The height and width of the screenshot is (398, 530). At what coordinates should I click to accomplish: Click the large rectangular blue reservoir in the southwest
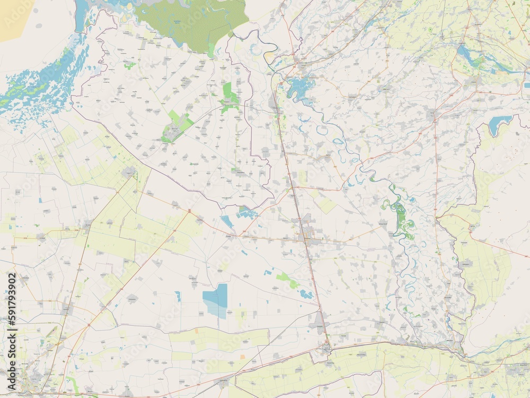tap(216, 300)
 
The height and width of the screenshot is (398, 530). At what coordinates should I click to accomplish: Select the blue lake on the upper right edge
tap(499, 125)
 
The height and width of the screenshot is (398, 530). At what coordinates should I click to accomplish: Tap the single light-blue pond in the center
tap(227, 222)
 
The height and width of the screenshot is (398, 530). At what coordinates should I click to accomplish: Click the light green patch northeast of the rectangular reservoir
tap(287, 280)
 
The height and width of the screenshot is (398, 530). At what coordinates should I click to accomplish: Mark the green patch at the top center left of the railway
tap(229, 94)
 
